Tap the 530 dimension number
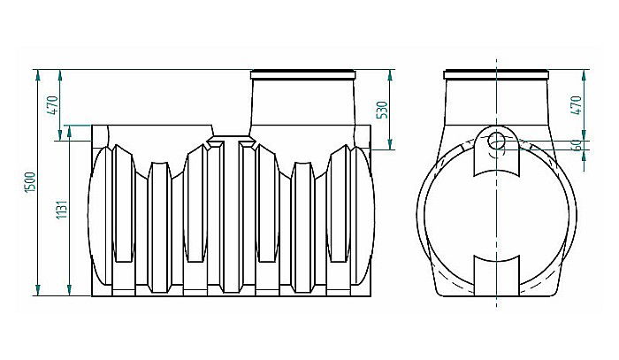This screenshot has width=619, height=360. point(383,110)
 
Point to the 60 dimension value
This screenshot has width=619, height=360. point(576,145)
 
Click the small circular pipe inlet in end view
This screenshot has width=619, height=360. point(496,140)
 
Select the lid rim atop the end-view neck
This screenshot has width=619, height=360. point(496,72)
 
